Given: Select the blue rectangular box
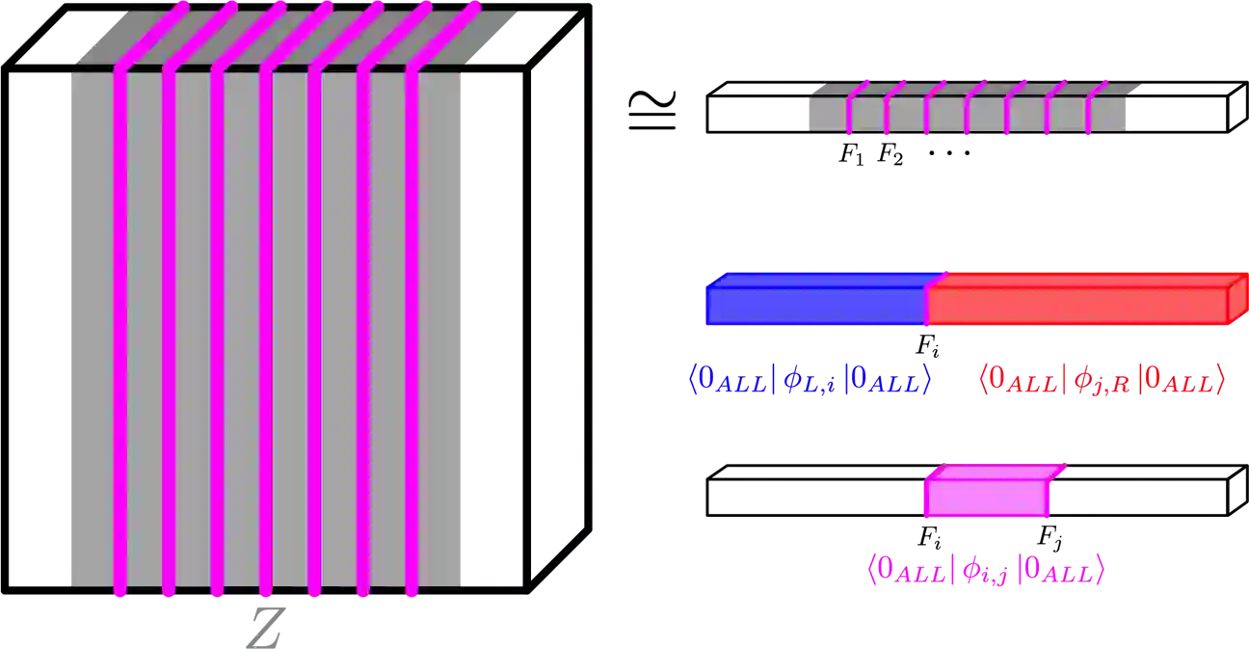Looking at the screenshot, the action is point(816,305).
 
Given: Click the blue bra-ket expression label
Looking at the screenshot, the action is point(810,380).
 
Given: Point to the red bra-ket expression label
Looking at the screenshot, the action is point(1102,380).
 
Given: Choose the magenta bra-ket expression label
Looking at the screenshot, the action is point(985,570).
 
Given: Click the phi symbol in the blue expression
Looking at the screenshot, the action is point(794,380).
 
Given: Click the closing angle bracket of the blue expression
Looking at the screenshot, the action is point(926,380).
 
